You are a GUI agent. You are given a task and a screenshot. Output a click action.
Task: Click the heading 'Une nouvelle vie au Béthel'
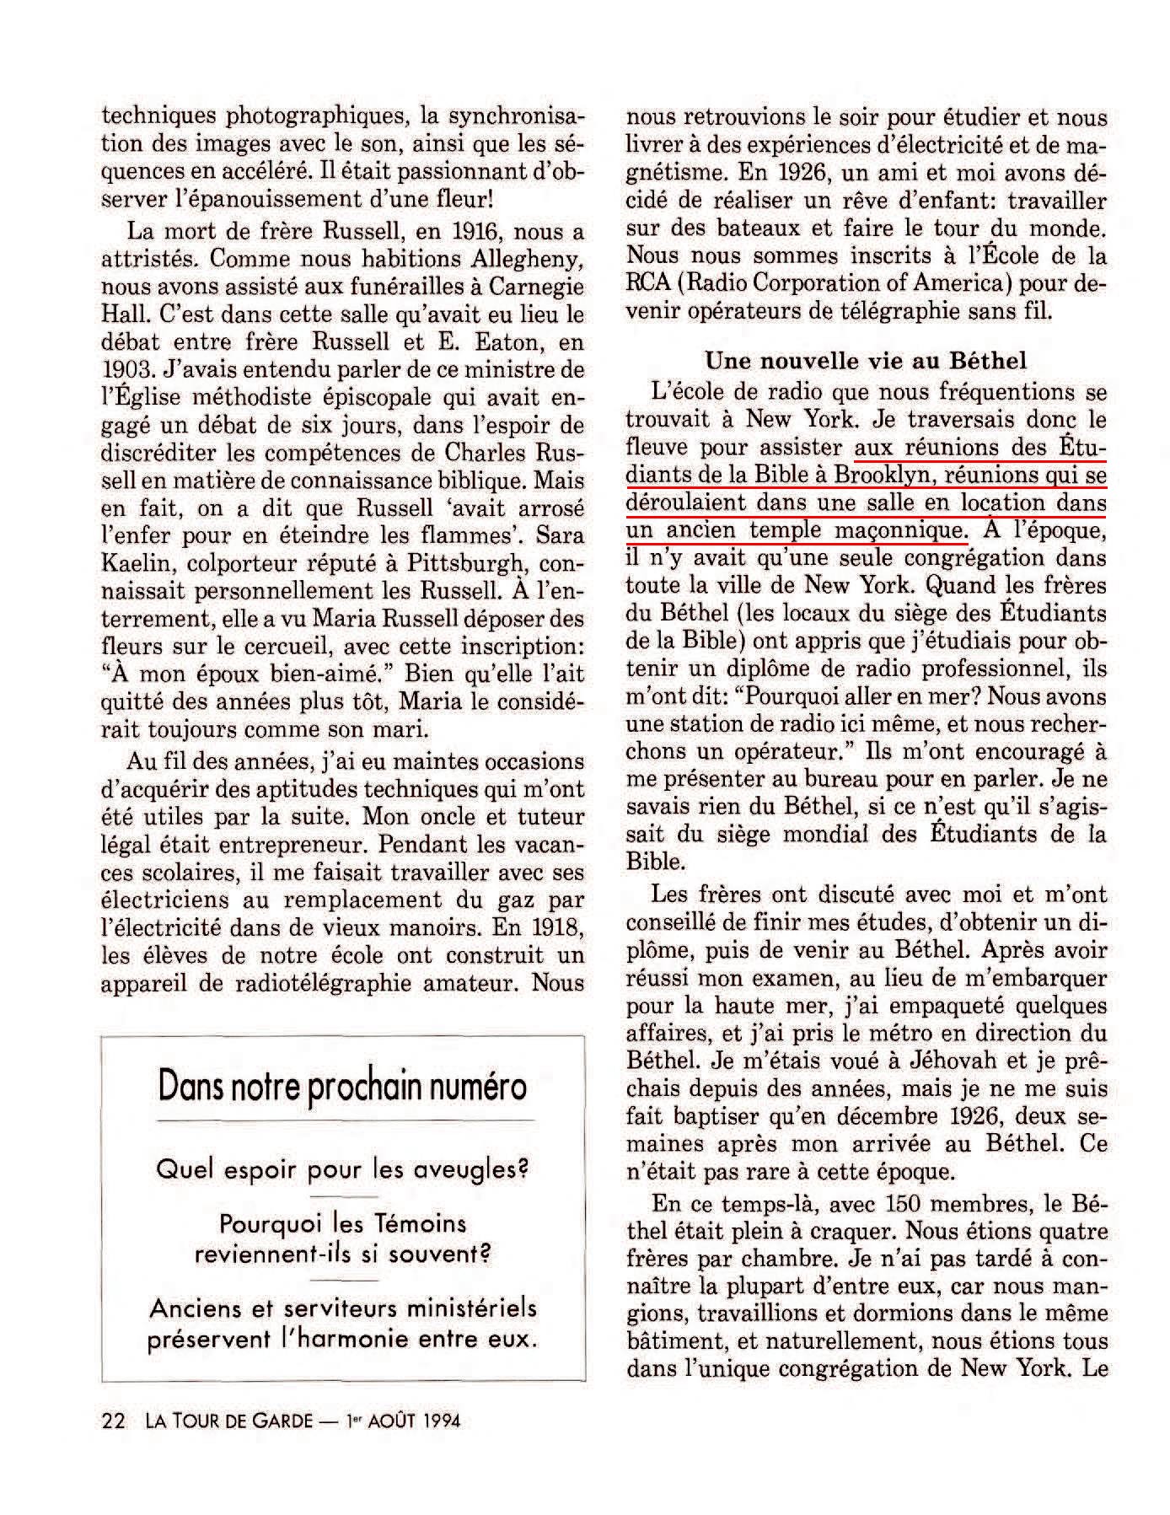tap(866, 361)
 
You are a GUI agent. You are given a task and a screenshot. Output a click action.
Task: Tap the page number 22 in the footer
tap(113, 1421)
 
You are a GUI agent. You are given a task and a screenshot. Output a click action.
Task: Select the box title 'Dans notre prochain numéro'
tap(342, 1087)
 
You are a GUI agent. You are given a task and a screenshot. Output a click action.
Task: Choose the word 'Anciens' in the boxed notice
tap(197, 1308)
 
